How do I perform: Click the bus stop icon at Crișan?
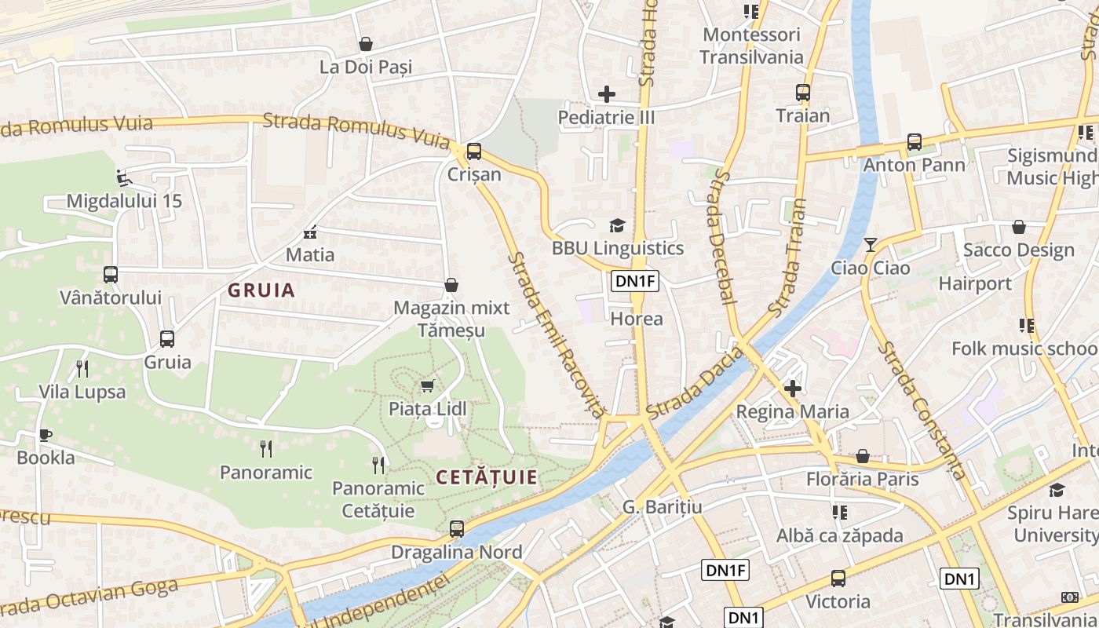tap(474, 152)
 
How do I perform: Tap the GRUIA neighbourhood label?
tap(261, 290)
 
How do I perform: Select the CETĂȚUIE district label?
tap(487, 477)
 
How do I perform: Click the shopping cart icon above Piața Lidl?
tap(427, 385)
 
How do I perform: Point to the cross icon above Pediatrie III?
tap(606, 94)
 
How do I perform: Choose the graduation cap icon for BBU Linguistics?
tap(617, 226)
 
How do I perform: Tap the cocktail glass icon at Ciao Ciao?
tap(870, 245)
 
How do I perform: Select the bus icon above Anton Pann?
tap(915, 142)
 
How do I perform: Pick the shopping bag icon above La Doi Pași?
tap(365, 44)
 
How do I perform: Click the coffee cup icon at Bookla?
tap(46, 435)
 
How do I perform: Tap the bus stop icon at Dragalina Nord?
tap(457, 529)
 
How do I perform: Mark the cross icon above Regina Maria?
tap(793, 388)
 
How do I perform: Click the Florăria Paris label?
tap(862, 479)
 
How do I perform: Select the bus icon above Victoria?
tap(838, 579)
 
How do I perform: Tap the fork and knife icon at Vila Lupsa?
tap(82, 368)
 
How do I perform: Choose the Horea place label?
tap(637, 319)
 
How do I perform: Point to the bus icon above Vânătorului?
tap(111, 275)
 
